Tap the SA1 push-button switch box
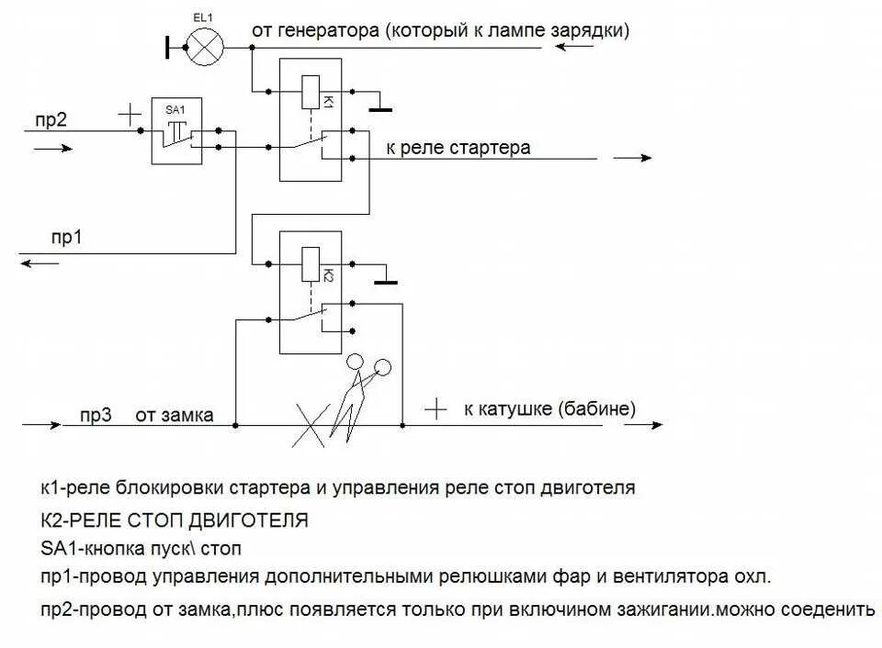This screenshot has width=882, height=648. click(176, 131)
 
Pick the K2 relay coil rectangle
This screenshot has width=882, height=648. click(311, 265)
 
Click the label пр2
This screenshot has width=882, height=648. click(51, 118)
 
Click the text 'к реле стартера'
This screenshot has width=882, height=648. click(458, 147)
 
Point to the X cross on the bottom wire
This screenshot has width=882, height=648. click(312, 425)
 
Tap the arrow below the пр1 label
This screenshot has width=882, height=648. click(40, 263)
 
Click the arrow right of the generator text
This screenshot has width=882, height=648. click(573, 46)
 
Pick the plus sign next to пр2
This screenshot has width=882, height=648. click(130, 115)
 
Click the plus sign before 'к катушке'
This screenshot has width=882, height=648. click(435, 408)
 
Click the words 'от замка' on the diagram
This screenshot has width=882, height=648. click(175, 415)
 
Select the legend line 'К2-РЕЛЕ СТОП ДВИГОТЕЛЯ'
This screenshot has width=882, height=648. click(175, 520)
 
